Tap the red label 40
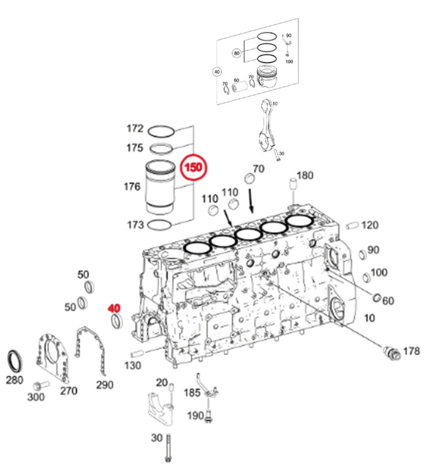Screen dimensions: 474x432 coord(114,308)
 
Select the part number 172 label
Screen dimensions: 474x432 coord(134,129)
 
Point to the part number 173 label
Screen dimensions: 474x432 coord(134,225)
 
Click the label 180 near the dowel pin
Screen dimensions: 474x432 coord(305,175)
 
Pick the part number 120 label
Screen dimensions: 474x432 coord(370,225)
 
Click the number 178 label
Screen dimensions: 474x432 coord(411,350)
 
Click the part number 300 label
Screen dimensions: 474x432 coord(36,397)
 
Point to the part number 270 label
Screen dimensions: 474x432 coord(68,391)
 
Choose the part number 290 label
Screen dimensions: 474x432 coord(104,384)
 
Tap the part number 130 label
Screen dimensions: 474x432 coord(133,366)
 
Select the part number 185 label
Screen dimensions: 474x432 coord(192,393)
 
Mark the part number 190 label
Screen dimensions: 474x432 coord(196,416)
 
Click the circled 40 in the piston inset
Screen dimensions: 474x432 coord(217,71)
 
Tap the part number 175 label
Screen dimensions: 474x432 coord(134,148)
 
